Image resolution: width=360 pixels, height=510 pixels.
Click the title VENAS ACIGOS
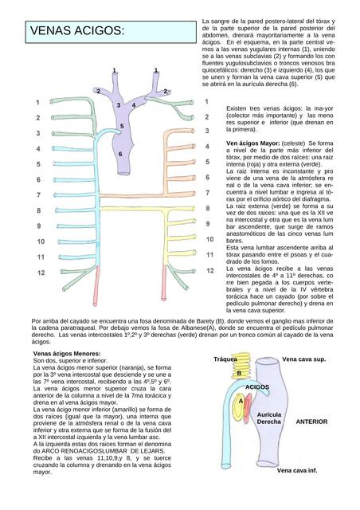[77, 31]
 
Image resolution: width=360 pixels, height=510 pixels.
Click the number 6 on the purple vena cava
[119, 154]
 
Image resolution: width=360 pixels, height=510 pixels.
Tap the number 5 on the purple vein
[122, 126]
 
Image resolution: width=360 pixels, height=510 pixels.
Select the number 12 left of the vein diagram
[40, 273]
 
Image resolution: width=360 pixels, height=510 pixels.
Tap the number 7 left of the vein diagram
[38, 195]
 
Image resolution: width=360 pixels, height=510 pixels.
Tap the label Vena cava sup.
[304, 360]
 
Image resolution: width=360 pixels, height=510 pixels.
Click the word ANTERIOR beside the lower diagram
[311, 421]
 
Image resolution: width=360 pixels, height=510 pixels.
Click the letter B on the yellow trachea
[238, 373]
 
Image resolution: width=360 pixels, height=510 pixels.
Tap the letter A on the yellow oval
[239, 401]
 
